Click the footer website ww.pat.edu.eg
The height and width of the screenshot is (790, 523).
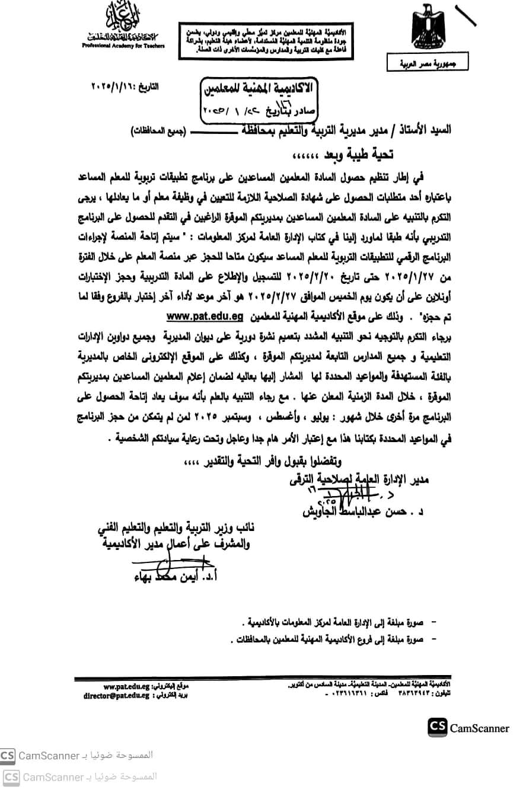coord(126,686)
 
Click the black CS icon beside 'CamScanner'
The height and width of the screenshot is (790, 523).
coord(437,727)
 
